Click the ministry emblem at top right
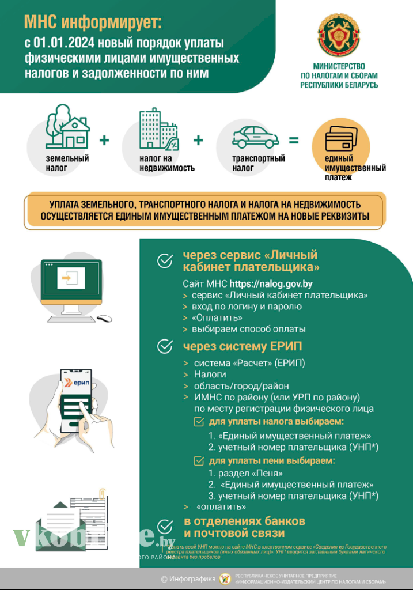pos(339,36)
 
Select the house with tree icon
pos(67,127)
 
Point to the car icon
pos(255,137)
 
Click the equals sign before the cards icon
pos(294,140)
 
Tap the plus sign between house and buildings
pos(104,140)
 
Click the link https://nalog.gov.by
pos(271,283)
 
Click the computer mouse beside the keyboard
pos(104,318)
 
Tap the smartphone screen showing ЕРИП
pos(70,392)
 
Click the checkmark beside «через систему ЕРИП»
pos(165,346)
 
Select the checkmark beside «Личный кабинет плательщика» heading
pos(165,261)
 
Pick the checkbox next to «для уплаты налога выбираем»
pos(199,422)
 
